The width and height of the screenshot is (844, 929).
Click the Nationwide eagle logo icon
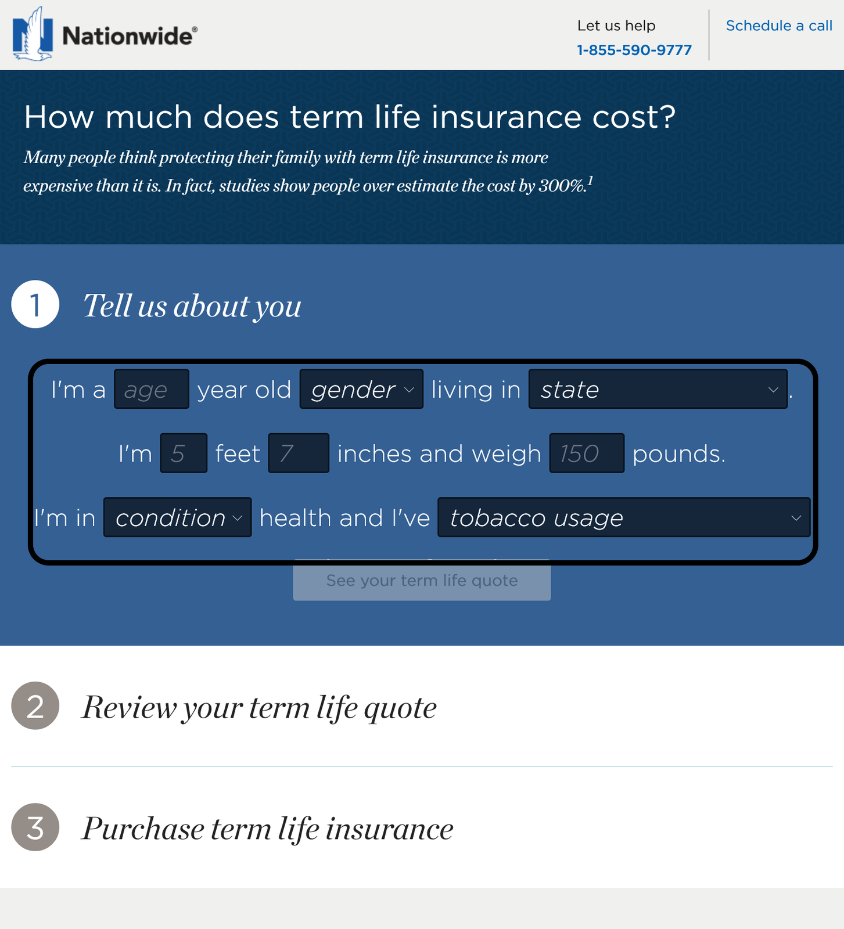[33, 34]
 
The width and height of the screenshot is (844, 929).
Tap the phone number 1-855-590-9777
[634, 50]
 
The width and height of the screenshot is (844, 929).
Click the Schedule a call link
[779, 26]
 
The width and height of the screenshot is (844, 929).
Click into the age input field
[152, 389]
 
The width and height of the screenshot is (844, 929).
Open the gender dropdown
[361, 389]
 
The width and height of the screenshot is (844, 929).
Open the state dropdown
[658, 389]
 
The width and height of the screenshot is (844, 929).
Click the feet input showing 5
[184, 453]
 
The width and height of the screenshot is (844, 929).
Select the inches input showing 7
[299, 453]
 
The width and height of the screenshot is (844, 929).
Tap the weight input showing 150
[587, 453]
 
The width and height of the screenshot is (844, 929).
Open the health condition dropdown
[178, 517]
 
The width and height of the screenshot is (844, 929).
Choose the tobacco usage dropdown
[624, 517]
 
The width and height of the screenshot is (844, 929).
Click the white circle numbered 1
[35, 304]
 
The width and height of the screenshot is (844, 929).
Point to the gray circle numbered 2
[35, 705]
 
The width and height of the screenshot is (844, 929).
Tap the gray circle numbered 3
[35, 827]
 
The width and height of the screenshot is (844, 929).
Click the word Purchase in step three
[143, 829]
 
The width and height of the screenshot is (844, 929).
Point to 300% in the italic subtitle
[562, 186]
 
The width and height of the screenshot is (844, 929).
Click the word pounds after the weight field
[679, 454]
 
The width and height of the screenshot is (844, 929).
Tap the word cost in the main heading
[634, 117]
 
